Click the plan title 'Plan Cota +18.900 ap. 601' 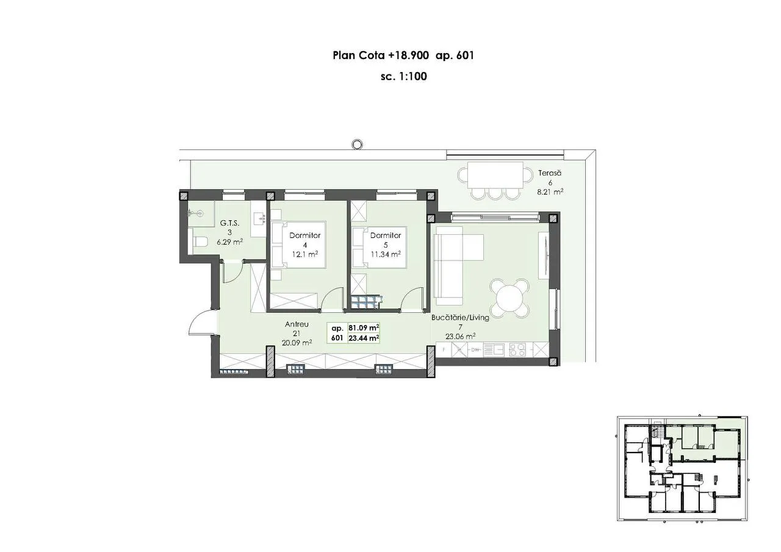tap(403, 56)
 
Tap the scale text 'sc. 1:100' tap(404, 76)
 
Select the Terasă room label tap(550, 173)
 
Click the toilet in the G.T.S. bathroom tap(200, 241)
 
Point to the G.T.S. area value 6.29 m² tap(230, 242)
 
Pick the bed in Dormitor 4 tap(298, 245)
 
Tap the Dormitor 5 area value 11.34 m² tap(386, 254)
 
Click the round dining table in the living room tap(509, 298)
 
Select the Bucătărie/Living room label tap(460, 317)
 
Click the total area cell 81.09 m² tap(364, 328)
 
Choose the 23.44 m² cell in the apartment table tap(364, 338)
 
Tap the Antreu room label tap(297, 324)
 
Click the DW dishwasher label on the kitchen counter tap(475, 350)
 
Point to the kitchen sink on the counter tap(494, 349)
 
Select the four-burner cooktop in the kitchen tap(517, 349)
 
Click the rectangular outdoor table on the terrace tap(495, 175)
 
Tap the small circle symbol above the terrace tap(357, 144)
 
